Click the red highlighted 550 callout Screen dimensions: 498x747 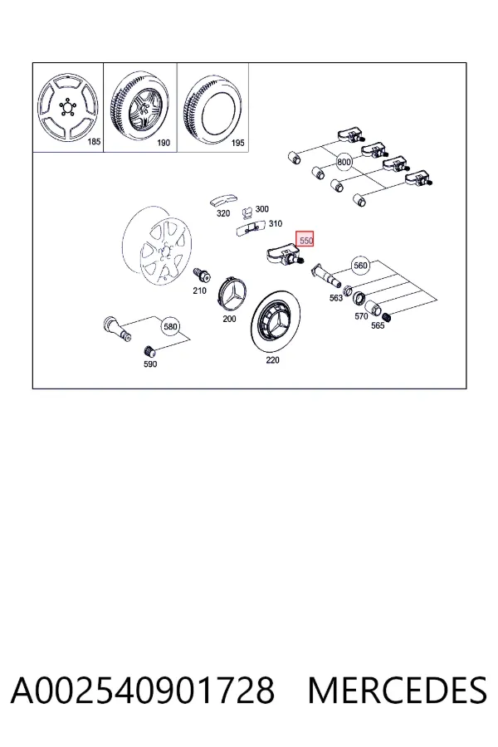(305, 240)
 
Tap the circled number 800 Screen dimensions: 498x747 (344, 162)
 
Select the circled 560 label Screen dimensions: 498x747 (361, 265)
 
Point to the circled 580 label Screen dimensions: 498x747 (170, 326)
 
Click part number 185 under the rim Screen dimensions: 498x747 (95, 141)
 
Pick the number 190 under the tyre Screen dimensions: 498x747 (164, 143)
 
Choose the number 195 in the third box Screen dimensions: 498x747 (237, 143)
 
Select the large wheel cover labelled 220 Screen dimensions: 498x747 (276, 320)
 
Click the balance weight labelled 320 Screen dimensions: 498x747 (223, 201)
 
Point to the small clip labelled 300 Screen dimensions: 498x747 (247, 212)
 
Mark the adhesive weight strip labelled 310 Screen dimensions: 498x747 (251, 229)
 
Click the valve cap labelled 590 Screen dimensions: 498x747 (149, 352)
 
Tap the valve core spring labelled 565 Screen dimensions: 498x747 (387, 316)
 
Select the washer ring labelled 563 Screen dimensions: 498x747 (348, 290)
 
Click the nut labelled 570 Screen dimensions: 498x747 (359, 299)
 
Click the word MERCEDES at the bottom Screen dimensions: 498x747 (398, 690)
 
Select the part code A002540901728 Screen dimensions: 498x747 (143, 690)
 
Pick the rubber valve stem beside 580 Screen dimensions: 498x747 (117, 328)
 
